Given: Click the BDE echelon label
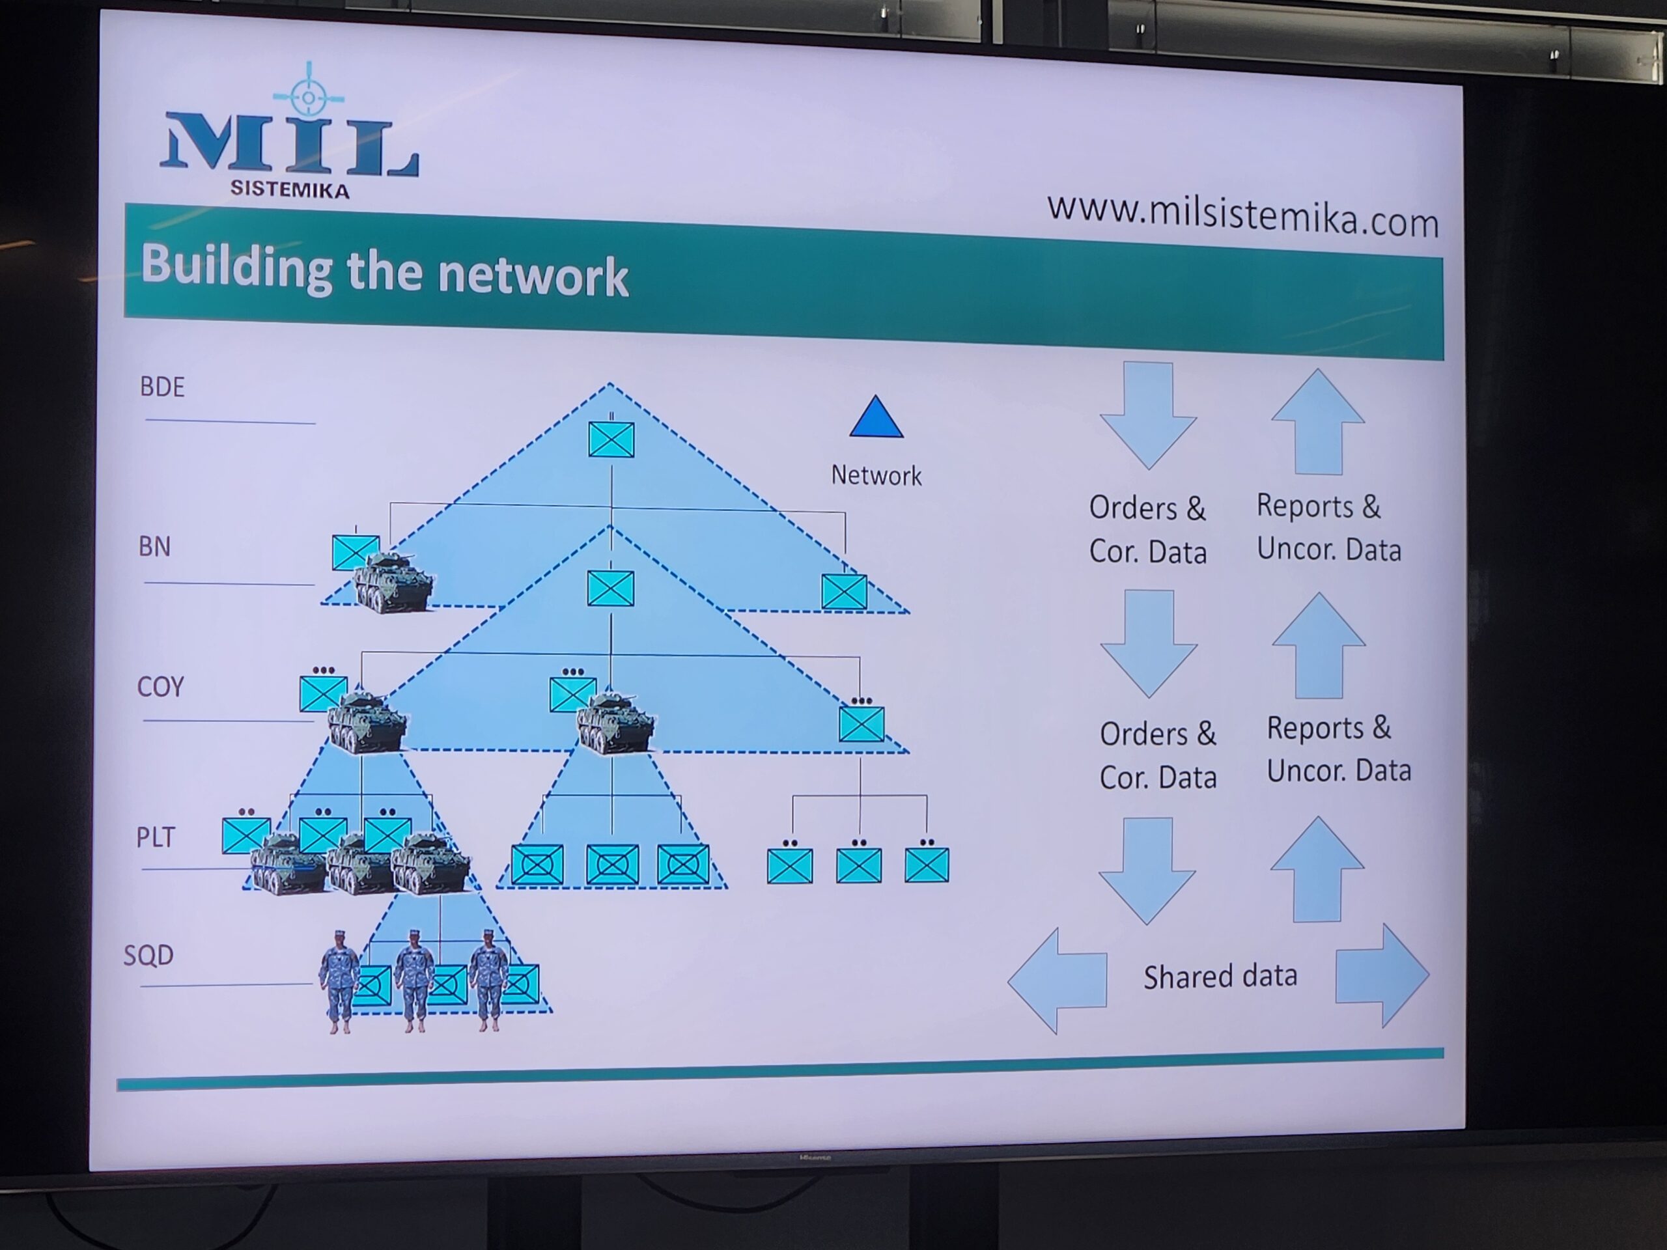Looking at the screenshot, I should pos(162,387).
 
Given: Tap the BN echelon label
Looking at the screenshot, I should pos(154,547).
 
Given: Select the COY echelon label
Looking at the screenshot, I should pos(160,687).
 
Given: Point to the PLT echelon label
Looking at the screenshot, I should pos(155,837).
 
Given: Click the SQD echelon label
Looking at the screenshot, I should pos(148,955).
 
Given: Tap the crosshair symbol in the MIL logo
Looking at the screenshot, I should pos(308,96).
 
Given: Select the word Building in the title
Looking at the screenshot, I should pos(236,268).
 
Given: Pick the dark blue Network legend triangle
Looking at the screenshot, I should pos(876,419).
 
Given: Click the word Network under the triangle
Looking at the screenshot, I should pos(876,476).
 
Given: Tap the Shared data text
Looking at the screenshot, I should pos(1220,977).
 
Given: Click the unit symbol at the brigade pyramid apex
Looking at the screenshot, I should pos(611,439).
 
